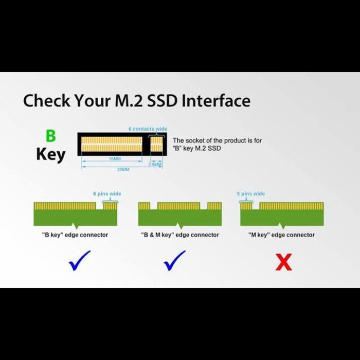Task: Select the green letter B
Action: coord(50,136)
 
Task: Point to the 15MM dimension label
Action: coord(115,159)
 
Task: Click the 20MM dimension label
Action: coord(123,169)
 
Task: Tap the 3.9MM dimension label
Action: coord(155,165)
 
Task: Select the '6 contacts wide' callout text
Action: coord(148,129)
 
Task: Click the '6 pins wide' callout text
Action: coord(107,194)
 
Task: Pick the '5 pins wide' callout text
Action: coord(250,194)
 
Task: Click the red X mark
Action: coord(283,262)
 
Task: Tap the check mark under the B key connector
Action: coord(79,261)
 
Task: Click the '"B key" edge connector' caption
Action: coord(75,235)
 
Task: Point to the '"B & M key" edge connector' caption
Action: coord(180,235)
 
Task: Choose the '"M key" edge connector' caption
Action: coord(282,235)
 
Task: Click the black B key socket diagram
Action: coord(121,144)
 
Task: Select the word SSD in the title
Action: coord(164,100)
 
